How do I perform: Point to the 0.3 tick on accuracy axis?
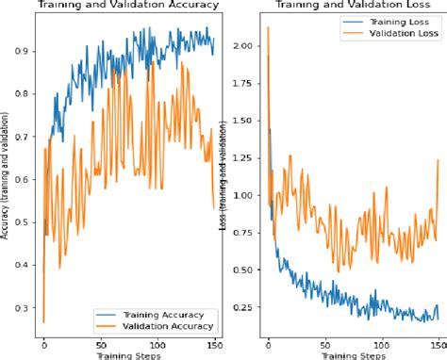23,307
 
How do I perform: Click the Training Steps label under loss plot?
351,356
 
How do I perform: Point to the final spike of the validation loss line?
439,160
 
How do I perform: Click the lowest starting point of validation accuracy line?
43,321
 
